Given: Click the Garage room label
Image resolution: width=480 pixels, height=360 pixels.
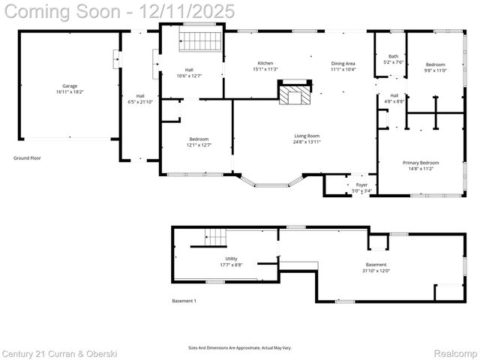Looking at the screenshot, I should pos(70,85).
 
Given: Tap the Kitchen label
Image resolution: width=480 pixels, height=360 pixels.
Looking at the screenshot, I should pos(265,63).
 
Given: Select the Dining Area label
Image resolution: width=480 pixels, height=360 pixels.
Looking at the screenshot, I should pos(343,63).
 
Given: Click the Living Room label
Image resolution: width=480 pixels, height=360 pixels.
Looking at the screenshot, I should pos(307,136).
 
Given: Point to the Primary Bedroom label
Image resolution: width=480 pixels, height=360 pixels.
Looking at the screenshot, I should pos(420,163).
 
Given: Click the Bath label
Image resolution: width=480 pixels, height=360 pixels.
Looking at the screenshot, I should pos(393,56).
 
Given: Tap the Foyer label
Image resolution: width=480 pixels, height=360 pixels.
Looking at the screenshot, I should pos(361,184).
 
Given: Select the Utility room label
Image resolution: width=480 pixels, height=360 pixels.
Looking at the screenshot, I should pos(231,259).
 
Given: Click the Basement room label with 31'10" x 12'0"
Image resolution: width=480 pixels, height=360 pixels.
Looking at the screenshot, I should pos(376,265).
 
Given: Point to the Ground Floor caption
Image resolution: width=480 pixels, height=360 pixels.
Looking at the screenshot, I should pos(28,158).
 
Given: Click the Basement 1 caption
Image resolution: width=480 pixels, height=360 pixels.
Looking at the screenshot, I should pos(184,301).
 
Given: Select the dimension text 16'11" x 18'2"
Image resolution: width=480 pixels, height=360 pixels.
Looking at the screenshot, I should pos(70,91).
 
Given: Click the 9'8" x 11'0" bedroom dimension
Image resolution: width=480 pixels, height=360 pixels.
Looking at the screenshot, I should pos(435,70).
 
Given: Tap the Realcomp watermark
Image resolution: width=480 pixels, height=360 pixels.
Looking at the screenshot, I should pos(456,352).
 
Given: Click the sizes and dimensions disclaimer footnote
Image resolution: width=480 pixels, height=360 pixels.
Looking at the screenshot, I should pos(239,348).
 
